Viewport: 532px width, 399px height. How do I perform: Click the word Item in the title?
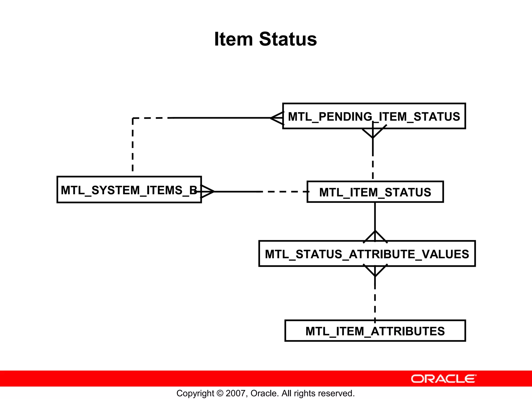[233, 39]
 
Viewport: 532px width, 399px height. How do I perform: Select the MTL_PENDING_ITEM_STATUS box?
[374, 116]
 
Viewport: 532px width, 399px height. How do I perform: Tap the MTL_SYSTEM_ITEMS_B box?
[129, 190]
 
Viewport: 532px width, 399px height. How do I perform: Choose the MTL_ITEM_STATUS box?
[375, 192]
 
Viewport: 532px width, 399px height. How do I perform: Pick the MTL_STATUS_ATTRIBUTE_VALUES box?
[367, 254]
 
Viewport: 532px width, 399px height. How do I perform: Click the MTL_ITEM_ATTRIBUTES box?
[375, 331]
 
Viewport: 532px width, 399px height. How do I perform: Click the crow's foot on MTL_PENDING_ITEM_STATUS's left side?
[277, 118]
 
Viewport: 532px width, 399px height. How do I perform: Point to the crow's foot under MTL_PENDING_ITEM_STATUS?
[373, 132]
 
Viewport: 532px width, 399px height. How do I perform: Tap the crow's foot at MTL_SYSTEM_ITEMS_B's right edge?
[207, 192]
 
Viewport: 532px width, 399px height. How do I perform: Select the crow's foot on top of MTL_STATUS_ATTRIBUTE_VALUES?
[375, 237]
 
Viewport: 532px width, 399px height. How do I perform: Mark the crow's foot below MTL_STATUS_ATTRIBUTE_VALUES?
[375, 271]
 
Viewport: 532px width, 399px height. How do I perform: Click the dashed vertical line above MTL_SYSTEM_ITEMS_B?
[133, 145]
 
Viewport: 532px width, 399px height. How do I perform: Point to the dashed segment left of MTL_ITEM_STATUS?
[284, 192]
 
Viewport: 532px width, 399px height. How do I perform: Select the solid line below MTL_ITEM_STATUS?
[375, 216]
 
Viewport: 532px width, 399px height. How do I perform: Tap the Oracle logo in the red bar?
[443, 379]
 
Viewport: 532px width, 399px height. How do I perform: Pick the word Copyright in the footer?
[195, 393]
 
